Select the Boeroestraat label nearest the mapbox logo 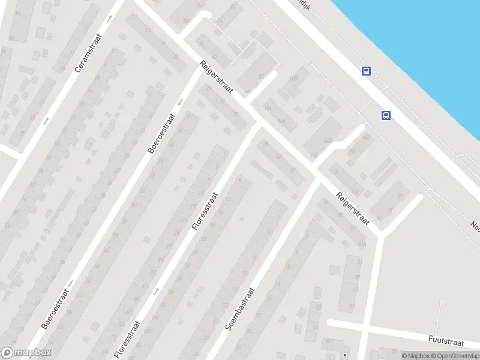click(x=56, y=308)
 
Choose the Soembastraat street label click(x=241, y=309)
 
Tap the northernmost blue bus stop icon click(x=366, y=71)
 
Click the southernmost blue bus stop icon click(x=386, y=115)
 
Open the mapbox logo click(x=26, y=353)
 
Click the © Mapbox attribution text click(x=416, y=356)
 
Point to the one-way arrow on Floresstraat click(x=157, y=291)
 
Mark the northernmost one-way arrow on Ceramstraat click(x=109, y=19)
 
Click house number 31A click(x=361, y=244)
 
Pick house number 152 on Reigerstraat click(x=335, y=172)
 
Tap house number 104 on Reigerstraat click(x=267, y=108)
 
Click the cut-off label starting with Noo click(x=475, y=226)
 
